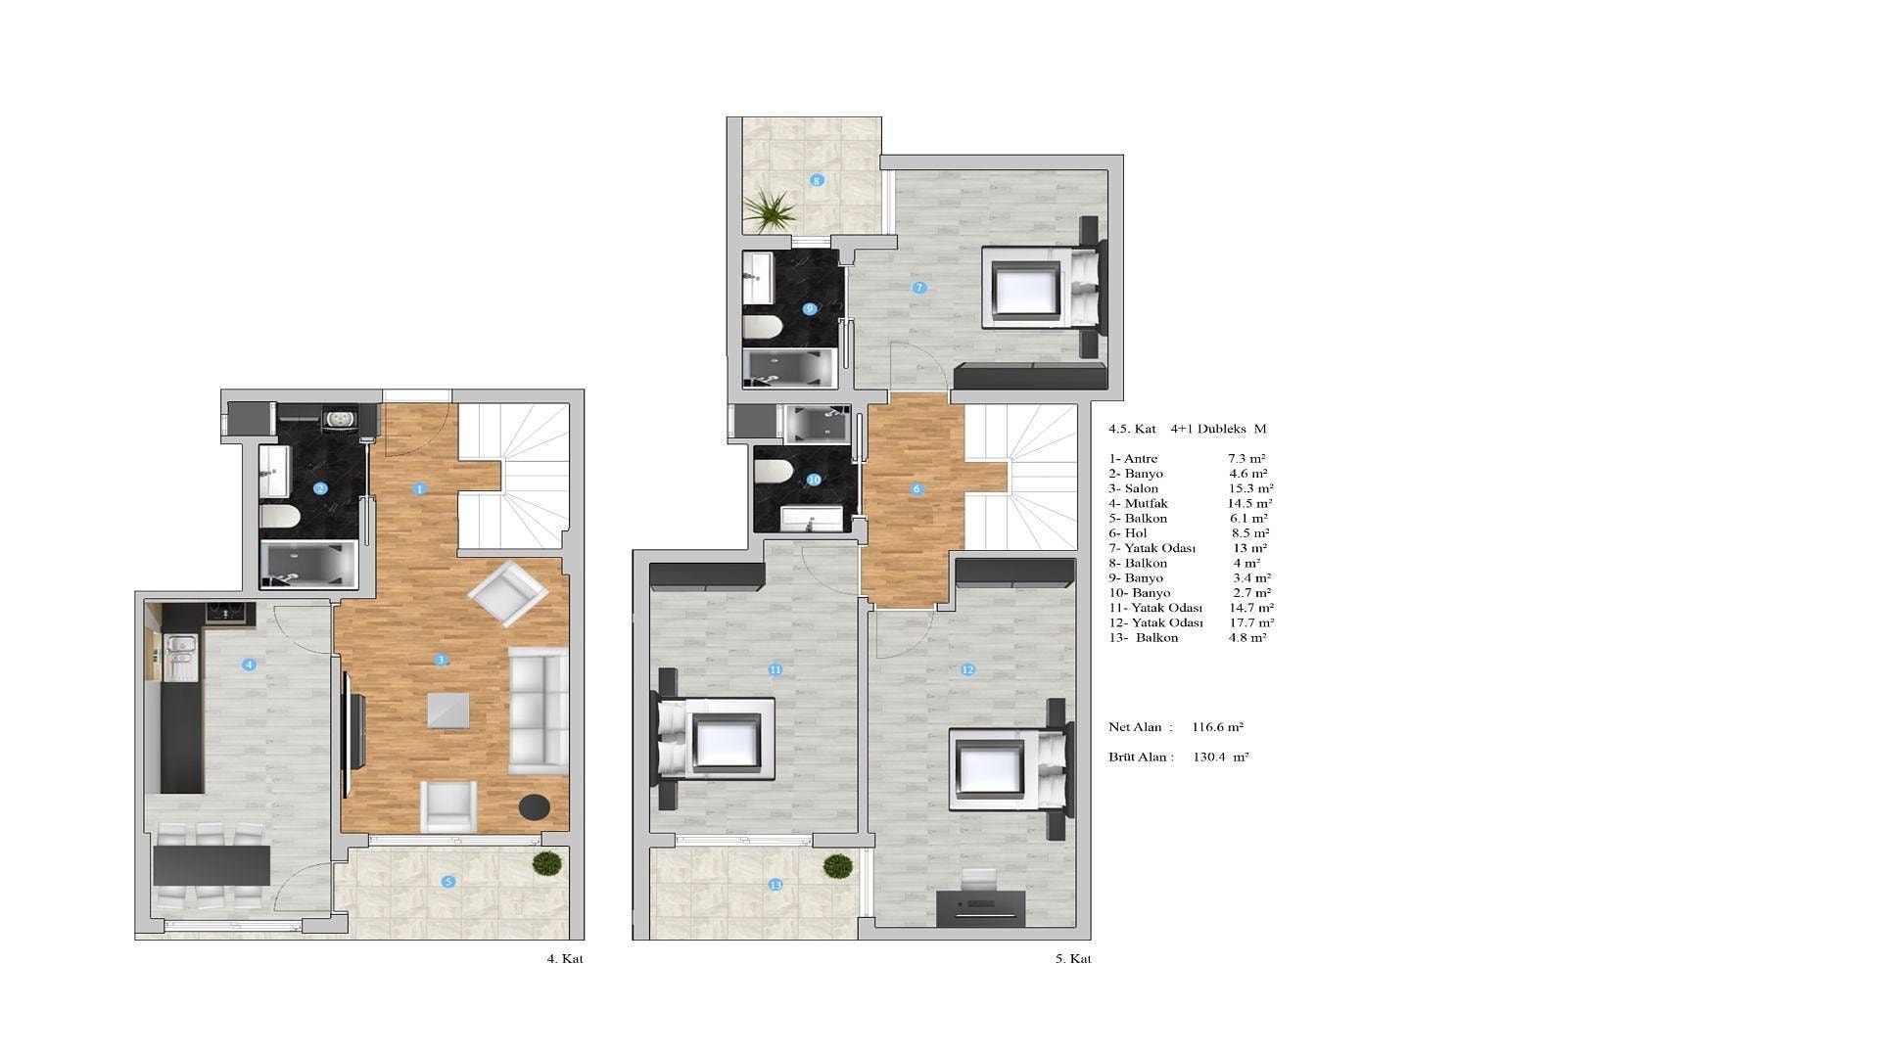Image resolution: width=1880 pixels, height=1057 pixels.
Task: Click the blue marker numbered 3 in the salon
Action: pos(442,660)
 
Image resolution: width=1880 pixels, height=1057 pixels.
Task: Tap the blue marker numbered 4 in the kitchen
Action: pos(250,665)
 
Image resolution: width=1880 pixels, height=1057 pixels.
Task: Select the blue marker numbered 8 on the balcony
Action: pos(818,180)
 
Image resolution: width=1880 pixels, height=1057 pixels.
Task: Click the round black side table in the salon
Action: pos(534,806)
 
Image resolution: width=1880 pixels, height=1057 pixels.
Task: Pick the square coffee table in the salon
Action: pos(447,711)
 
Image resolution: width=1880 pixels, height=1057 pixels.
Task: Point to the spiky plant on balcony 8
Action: pos(772,209)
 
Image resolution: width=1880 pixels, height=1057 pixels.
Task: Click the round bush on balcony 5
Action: pos(547,863)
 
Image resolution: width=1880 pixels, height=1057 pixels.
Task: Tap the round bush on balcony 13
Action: pos(838,866)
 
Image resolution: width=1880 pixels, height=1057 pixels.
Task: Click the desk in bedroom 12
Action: pos(981,908)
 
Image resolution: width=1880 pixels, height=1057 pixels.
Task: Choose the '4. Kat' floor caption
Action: pos(565,959)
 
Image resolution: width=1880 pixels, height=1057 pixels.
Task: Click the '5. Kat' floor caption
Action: pos(1073,959)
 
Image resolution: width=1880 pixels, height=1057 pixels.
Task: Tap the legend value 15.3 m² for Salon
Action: pos(1251,488)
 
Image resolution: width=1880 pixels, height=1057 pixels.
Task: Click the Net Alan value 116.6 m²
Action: pos(1218,727)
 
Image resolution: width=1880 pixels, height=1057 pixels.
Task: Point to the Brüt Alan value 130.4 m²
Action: pos(1221,757)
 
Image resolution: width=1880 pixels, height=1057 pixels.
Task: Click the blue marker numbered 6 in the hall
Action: pos(916,489)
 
